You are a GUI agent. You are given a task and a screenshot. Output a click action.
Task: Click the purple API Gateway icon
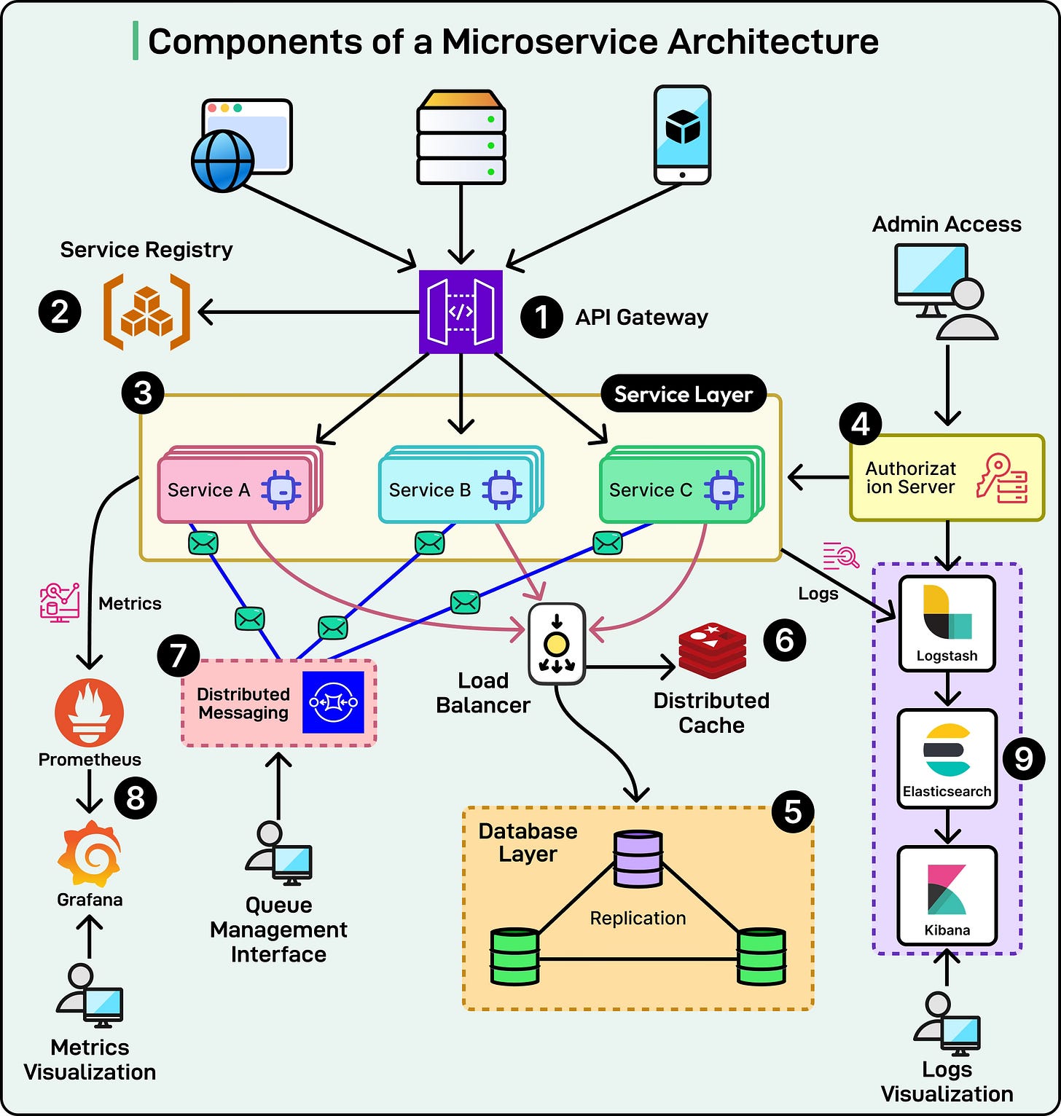coord(461,312)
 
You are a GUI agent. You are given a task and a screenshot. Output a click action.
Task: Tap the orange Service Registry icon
coord(146,312)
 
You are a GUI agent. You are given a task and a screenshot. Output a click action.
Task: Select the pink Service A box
coord(235,489)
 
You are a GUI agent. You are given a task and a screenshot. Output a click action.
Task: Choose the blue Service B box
coord(457,489)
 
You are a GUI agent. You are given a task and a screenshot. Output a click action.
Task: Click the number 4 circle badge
coord(860,424)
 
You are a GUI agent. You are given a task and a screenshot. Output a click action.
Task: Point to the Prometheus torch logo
coord(89,712)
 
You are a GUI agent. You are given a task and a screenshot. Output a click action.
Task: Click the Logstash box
coord(947,624)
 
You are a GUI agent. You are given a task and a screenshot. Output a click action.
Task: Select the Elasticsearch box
coord(947,759)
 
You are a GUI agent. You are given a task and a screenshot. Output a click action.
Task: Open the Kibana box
coord(947,895)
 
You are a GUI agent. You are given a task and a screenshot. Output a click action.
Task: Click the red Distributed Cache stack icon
coord(712,651)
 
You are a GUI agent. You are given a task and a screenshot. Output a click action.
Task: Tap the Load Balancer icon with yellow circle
coord(557,644)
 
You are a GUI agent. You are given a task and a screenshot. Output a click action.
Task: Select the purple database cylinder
coord(638,859)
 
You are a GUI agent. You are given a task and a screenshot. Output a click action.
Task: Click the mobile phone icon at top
coord(682,135)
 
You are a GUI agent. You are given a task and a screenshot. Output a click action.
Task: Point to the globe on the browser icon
coord(222,161)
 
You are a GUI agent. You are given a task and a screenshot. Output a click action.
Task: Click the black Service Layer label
coord(683,394)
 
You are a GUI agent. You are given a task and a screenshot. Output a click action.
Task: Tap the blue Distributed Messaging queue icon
coord(333,702)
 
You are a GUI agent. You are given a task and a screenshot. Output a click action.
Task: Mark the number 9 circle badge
coord(1023,758)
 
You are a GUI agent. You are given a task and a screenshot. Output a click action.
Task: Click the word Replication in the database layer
coord(638,918)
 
